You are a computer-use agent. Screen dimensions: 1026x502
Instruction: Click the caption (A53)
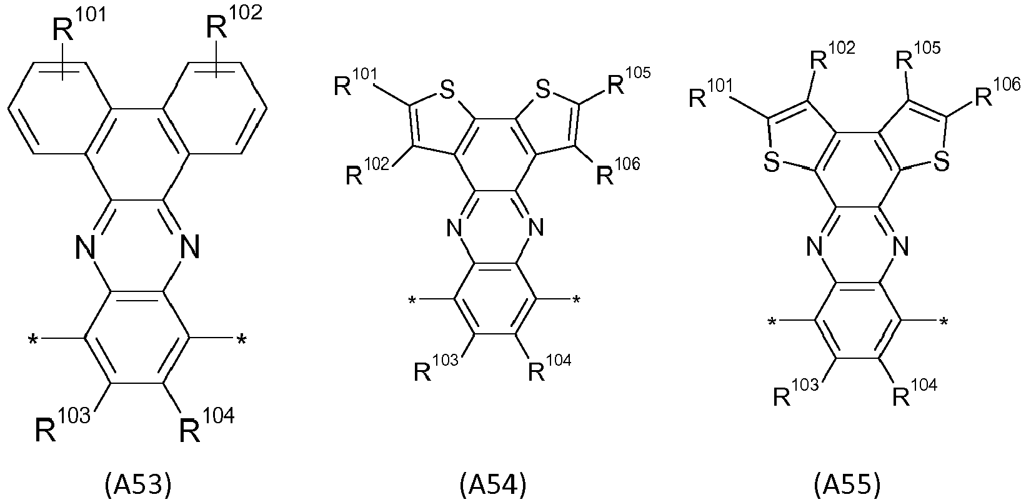pos(138,485)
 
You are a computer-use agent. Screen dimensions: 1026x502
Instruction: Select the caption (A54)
pos(493,485)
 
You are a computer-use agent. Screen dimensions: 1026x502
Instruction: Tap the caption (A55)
pos(847,485)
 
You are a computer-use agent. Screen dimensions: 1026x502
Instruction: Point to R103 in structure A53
pos(62,425)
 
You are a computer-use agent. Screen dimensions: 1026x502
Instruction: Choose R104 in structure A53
pos(206,425)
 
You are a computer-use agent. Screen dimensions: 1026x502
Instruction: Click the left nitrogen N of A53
pos(86,248)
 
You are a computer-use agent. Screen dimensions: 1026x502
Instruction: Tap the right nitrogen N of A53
pos(189,248)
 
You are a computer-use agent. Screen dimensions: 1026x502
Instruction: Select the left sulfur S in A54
pos(446,90)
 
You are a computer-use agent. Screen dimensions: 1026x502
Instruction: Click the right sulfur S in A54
pos(542,90)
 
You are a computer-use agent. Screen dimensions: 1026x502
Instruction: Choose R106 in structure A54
pos(618,171)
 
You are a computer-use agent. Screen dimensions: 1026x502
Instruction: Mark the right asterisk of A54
pos(576,300)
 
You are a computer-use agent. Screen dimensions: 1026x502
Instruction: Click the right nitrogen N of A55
pos(900,247)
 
